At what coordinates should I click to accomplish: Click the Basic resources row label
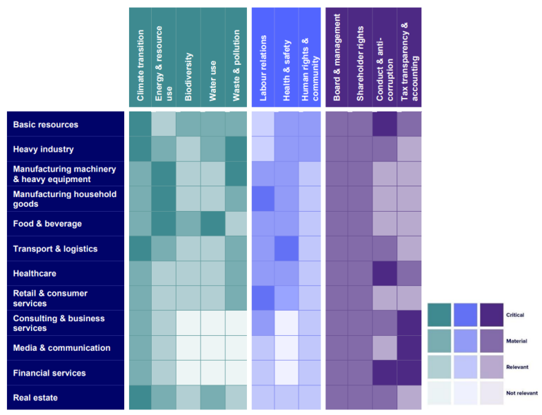(x=46, y=125)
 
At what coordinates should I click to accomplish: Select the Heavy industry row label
(x=43, y=150)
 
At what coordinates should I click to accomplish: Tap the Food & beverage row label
(x=47, y=224)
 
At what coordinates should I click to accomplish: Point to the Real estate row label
(x=36, y=398)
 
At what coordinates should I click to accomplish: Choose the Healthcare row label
(x=35, y=274)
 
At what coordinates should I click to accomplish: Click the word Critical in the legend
(x=515, y=315)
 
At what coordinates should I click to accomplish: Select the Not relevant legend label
(x=522, y=392)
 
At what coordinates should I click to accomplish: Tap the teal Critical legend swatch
(x=440, y=315)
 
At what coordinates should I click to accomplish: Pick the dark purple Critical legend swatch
(x=491, y=315)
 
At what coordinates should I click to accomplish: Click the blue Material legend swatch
(x=466, y=341)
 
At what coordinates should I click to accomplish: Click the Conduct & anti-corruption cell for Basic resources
(x=385, y=124)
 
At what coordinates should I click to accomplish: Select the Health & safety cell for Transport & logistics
(x=287, y=248)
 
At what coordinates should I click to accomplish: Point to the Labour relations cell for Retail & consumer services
(x=263, y=298)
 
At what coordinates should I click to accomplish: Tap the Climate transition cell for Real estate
(x=140, y=397)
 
